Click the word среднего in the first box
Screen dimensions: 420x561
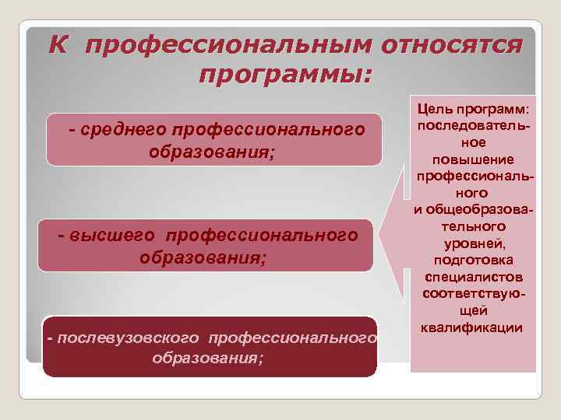tap(123, 128)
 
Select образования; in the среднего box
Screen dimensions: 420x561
tap(212, 150)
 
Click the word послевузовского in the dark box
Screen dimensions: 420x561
tap(125, 338)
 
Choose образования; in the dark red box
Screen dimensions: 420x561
tap(207, 359)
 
